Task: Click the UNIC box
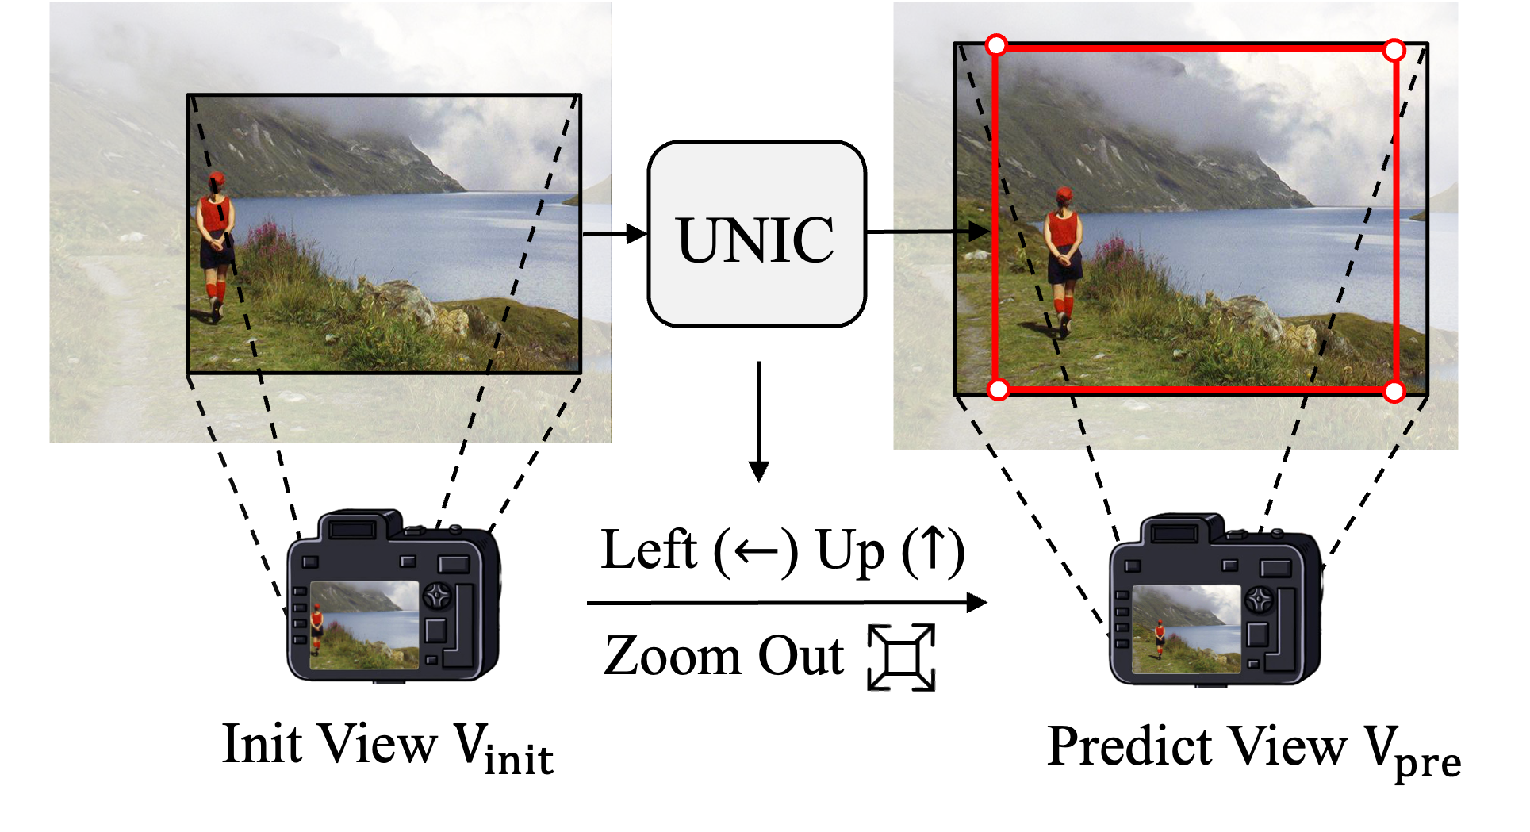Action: tap(757, 234)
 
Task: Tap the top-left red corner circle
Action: tap(996, 45)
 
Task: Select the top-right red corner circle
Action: tap(1394, 51)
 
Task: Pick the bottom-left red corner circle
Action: tap(999, 389)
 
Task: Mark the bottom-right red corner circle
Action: tap(1394, 391)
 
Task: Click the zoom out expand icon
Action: tap(902, 658)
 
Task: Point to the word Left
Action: tap(649, 550)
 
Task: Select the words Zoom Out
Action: tap(723, 657)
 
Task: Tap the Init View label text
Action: tap(387, 747)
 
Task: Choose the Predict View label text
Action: tap(1253, 750)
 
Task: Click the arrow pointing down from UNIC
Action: tap(759, 420)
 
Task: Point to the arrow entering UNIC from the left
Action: tap(615, 234)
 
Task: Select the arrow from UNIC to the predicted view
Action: tap(928, 232)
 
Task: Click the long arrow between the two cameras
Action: tap(785, 603)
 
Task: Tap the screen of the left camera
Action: tap(364, 625)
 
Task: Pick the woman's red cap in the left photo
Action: tap(217, 178)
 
